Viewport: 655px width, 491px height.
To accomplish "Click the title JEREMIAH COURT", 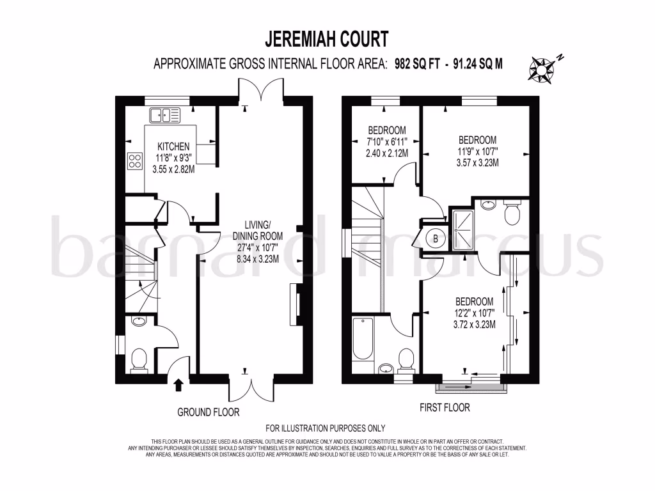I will click(327, 39).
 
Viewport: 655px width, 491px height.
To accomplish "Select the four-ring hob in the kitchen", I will click(135, 160).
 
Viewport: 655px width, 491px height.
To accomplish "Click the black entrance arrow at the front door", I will click(178, 384).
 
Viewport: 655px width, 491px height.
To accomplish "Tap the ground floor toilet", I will click(139, 361).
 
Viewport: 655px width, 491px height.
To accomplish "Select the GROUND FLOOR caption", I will click(208, 412).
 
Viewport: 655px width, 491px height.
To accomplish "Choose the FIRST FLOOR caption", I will click(444, 407).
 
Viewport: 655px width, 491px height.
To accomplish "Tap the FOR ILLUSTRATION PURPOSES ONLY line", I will click(326, 428).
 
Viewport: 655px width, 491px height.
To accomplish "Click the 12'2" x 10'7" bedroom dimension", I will click(474, 313).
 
